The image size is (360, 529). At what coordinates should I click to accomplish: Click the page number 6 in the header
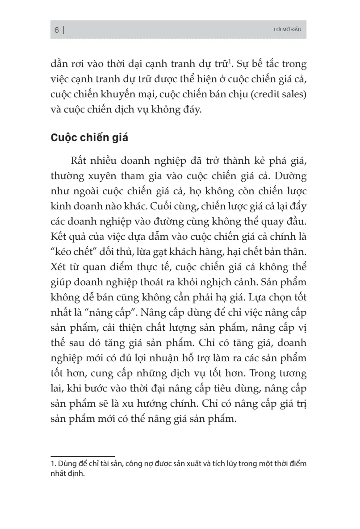(x=57, y=30)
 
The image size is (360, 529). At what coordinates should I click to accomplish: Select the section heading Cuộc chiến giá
(x=89, y=137)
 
